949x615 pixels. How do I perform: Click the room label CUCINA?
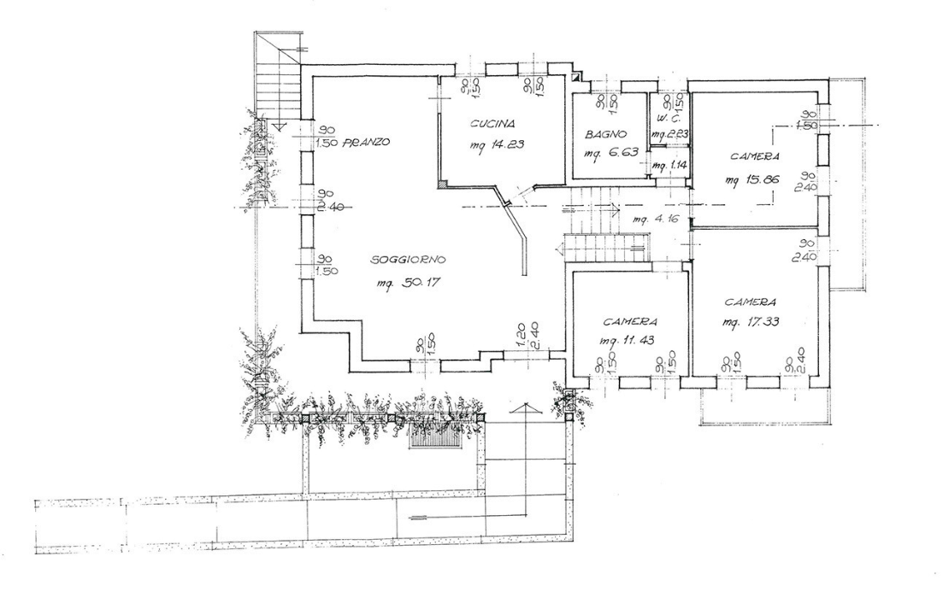click(491, 125)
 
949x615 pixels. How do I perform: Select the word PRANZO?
click(367, 142)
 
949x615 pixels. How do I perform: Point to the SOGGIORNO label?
click(410, 260)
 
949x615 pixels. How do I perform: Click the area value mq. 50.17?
click(408, 283)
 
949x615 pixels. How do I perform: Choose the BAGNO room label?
click(607, 135)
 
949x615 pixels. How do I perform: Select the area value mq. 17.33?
click(750, 322)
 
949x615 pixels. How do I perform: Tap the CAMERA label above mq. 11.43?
click(629, 322)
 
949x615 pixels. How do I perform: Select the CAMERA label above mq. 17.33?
click(751, 302)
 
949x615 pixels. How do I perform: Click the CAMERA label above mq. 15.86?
click(754, 157)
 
